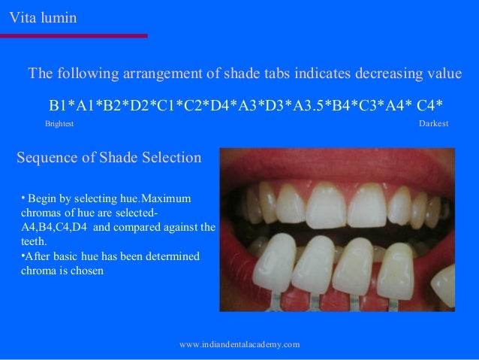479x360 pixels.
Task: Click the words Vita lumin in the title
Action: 43,16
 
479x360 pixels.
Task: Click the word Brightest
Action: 60,123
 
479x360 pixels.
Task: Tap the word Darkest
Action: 433,123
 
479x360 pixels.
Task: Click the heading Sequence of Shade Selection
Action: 109,158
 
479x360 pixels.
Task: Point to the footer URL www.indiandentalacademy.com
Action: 240,343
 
